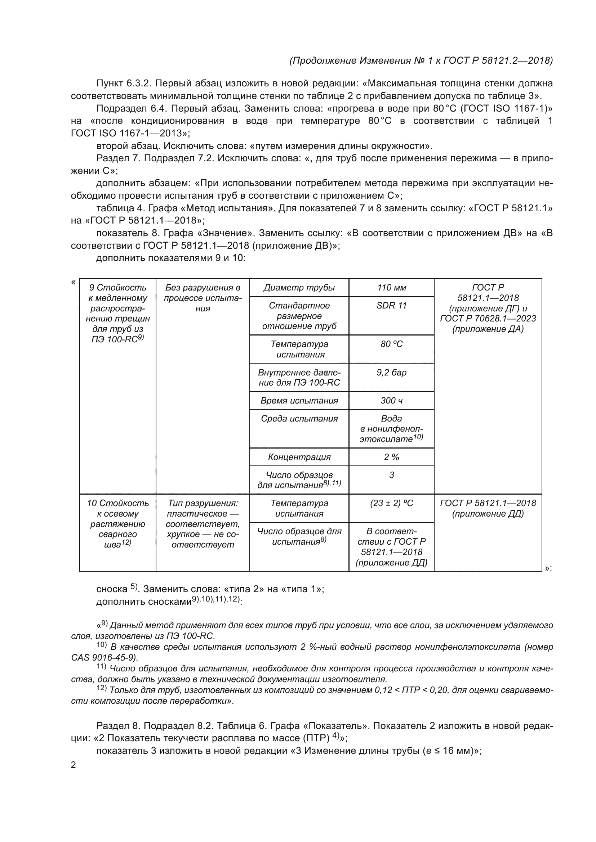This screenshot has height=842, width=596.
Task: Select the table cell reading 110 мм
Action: (x=391, y=288)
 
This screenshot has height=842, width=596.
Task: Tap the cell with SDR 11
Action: (x=391, y=306)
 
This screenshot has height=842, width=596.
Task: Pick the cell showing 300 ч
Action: (x=391, y=400)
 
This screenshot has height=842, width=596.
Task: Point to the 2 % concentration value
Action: (x=391, y=457)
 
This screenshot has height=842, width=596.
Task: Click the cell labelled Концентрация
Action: (x=299, y=457)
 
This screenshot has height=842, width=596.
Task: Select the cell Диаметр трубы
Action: (x=299, y=288)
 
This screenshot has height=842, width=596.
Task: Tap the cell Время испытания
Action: (x=299, y=400)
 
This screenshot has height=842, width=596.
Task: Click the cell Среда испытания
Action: (x=299, y=418)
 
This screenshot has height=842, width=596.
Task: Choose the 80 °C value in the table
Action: (x=391, y=344)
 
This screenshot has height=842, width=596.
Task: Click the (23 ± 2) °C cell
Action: (x=391, y=503)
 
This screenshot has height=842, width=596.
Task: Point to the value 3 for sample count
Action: (x=391, y=475)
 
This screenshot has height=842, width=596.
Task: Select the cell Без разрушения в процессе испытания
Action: (x=203, y=298)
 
